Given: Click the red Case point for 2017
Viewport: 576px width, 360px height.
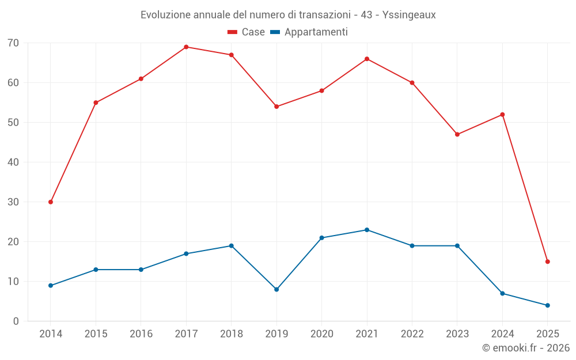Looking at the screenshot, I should pos(186,47).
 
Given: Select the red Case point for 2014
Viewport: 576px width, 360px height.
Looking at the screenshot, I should pos(51,202).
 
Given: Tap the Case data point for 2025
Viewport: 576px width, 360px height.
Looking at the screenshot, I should pos(547,262).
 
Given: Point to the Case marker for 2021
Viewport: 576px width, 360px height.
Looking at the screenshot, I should pos(367,59).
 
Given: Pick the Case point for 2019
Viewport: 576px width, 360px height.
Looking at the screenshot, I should pos(276,107).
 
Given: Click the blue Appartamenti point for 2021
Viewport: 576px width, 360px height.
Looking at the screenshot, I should pos(367,230).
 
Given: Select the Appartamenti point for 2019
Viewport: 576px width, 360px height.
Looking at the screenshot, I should pos(276,290).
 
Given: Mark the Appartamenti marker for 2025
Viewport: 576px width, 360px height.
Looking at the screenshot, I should pos(547,305).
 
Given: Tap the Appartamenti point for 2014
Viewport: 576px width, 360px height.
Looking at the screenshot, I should pos(51,286).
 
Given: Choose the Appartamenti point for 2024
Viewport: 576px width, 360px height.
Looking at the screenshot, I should pos(502,294).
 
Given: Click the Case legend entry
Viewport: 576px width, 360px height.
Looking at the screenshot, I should pos(247,32).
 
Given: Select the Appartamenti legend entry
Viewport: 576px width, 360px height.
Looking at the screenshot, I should pos(309,32).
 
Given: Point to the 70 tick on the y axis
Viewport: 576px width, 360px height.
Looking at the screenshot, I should pos(13,43).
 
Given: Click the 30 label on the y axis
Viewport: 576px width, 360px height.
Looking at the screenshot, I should pos(13,202).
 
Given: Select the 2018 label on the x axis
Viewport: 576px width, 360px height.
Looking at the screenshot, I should pos(232,334).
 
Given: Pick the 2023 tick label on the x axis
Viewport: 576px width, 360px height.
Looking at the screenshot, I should pos(457,334).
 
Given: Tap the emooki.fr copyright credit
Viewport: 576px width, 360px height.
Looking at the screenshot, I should pos(525,348).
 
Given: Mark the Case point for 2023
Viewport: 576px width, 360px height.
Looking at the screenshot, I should pos(457,135).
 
